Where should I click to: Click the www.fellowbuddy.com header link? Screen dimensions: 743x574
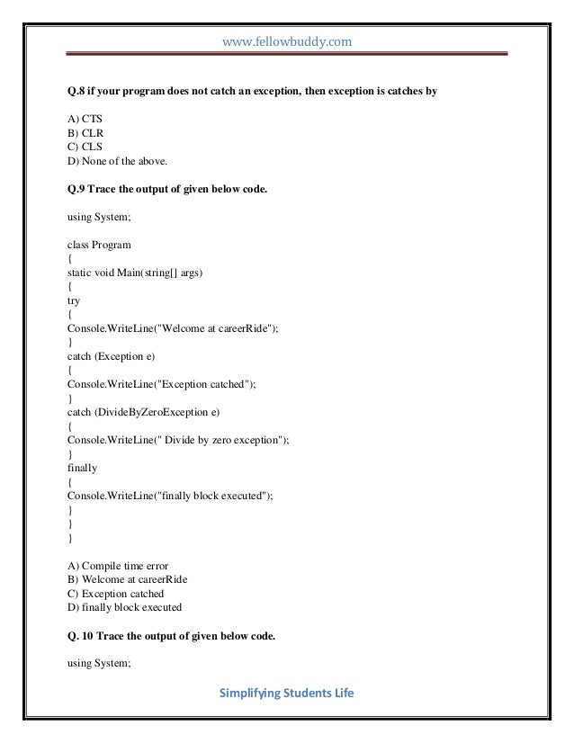pyautogui.click(x=286, y=40)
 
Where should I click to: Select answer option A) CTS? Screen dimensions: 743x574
pyautogui.click(x=86, y=116)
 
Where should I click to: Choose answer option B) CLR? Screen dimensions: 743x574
pyautogui.click(x=86, y=131)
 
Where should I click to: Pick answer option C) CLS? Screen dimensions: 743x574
pyautogui.click(x=86, y=147)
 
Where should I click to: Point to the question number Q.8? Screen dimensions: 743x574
pyautogui.click(x=78, y=91)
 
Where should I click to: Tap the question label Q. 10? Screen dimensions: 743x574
pyautogui.click(x=82, y=636)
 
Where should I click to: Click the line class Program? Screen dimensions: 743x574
pyautogui.click(x=99, y=244)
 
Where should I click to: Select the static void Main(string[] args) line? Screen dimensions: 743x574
pyautogui.click(x=135, y=273)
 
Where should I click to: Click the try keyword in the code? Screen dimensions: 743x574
pyautogui.click(x=75, y=301)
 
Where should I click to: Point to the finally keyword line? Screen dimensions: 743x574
pyautogui.click(x=83, y=468)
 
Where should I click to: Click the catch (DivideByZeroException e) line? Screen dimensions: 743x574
pyautogui.click(x=141, y=412)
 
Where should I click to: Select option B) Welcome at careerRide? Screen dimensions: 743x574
pyautogui.click(x=133, y=579)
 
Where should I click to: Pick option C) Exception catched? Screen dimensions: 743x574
pyautogui.click(x=115, y=594)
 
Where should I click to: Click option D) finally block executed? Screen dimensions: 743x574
pyautogui.click(x=124, y=608)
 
